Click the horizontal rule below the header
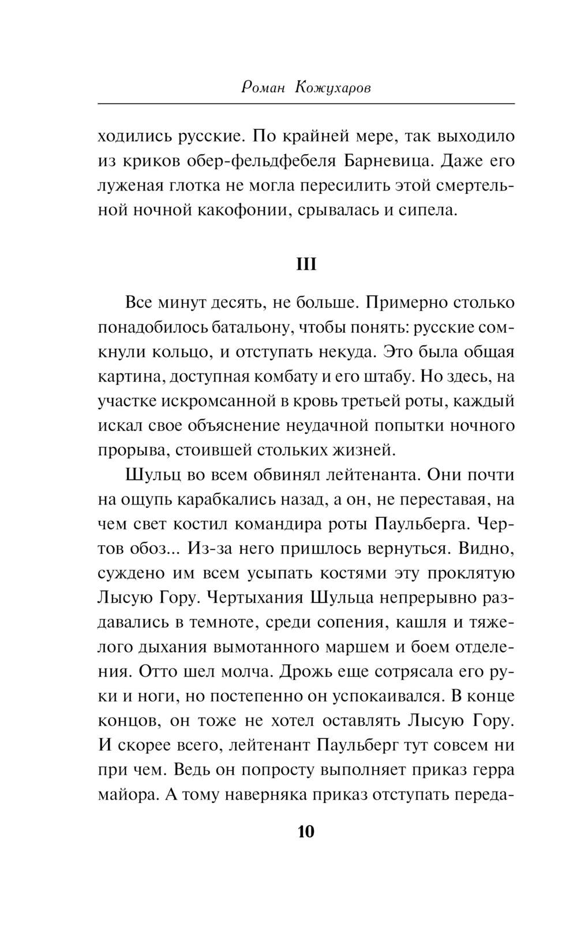tap(306, 104)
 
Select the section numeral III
tap(306, 264)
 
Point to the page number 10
tap(306, 832)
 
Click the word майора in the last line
tap(129, 795)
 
